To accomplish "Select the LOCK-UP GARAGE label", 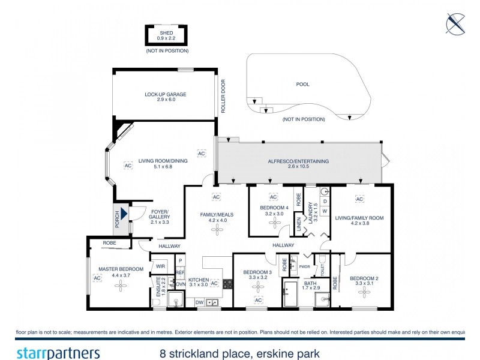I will pos(165,94).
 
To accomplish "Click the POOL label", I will pos(303,84).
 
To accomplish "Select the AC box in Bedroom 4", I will pos(273,197).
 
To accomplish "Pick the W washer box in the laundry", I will pos(325,211).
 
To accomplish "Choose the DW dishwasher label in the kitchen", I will pos(199,302).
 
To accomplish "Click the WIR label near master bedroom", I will pos(161,265).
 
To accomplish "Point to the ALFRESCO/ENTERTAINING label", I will pos(299,162).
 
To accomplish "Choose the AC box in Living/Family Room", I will pos(359,199).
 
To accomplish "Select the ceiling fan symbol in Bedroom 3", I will pos(258,287).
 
